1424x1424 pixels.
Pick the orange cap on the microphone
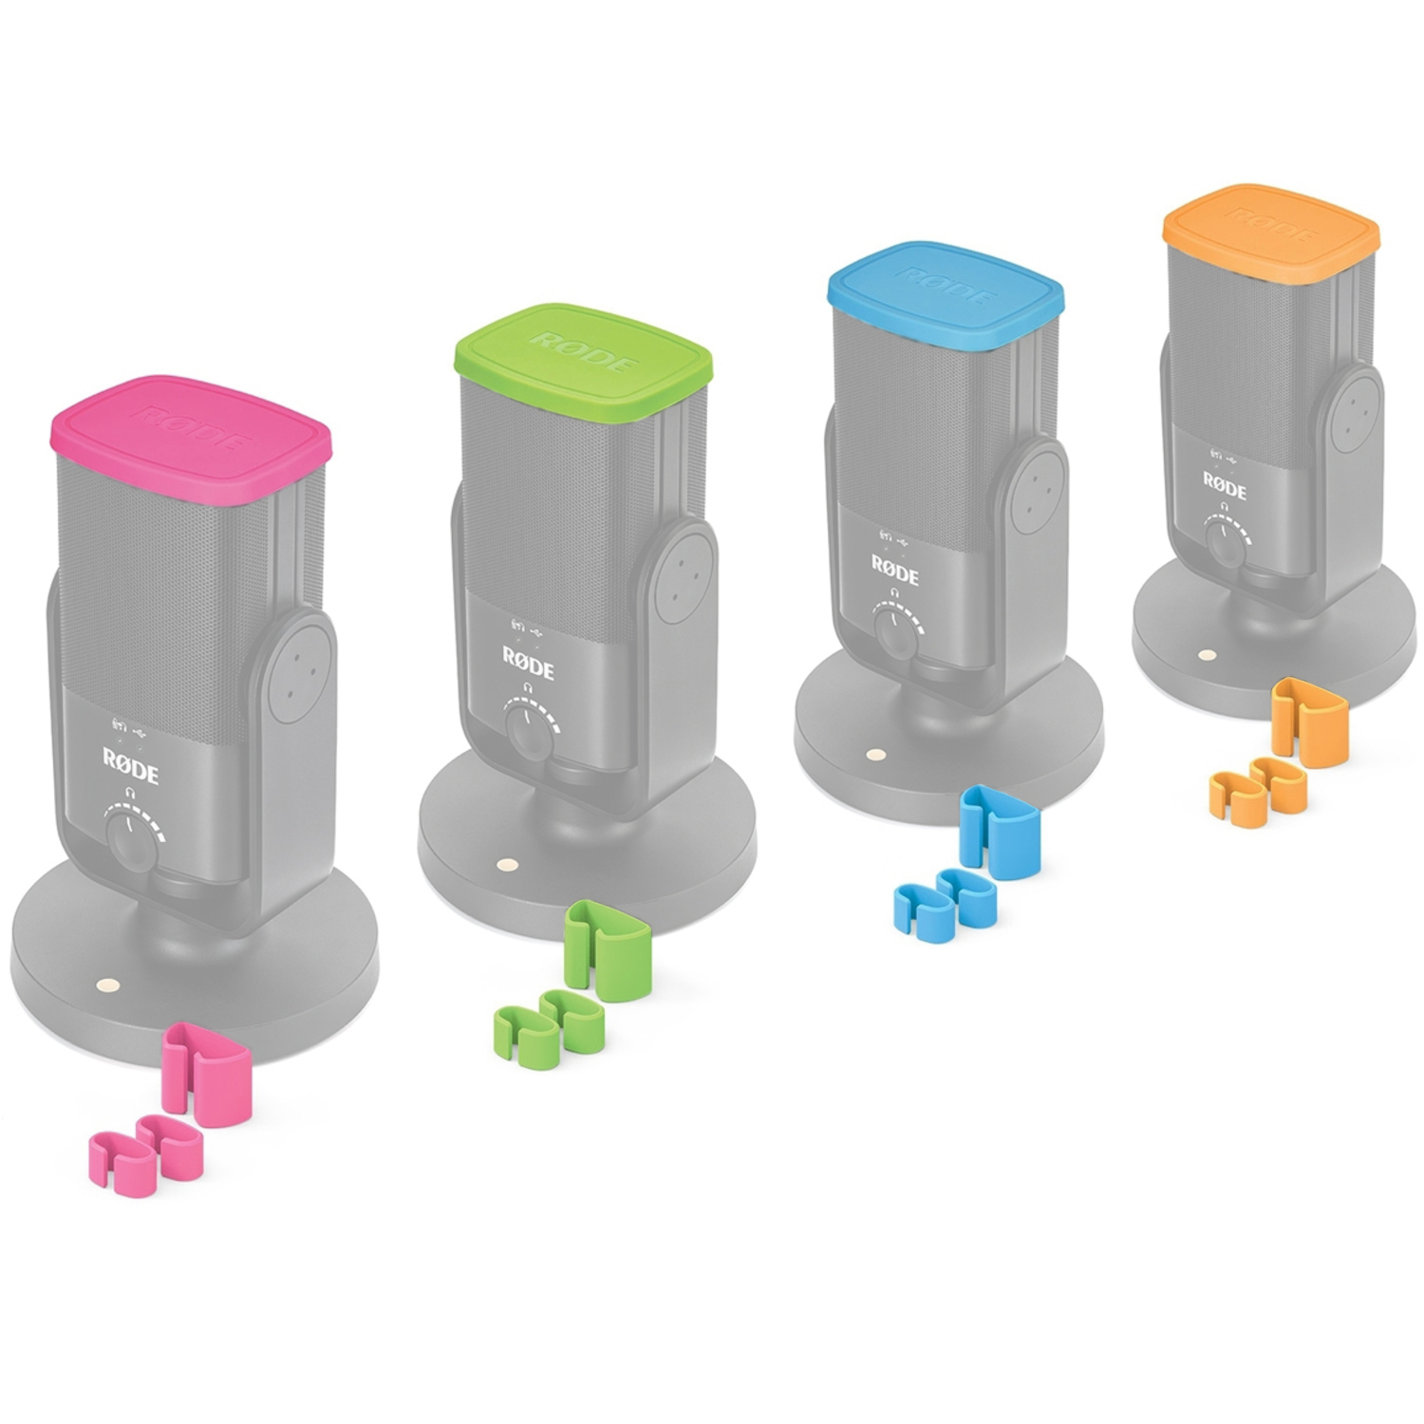click(x=1270, y=231)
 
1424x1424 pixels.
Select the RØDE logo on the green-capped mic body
click(x=527, y=659)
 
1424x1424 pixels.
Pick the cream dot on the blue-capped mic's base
click(x=874, y=757)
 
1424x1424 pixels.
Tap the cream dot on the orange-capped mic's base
click(x=1206, y=655)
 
